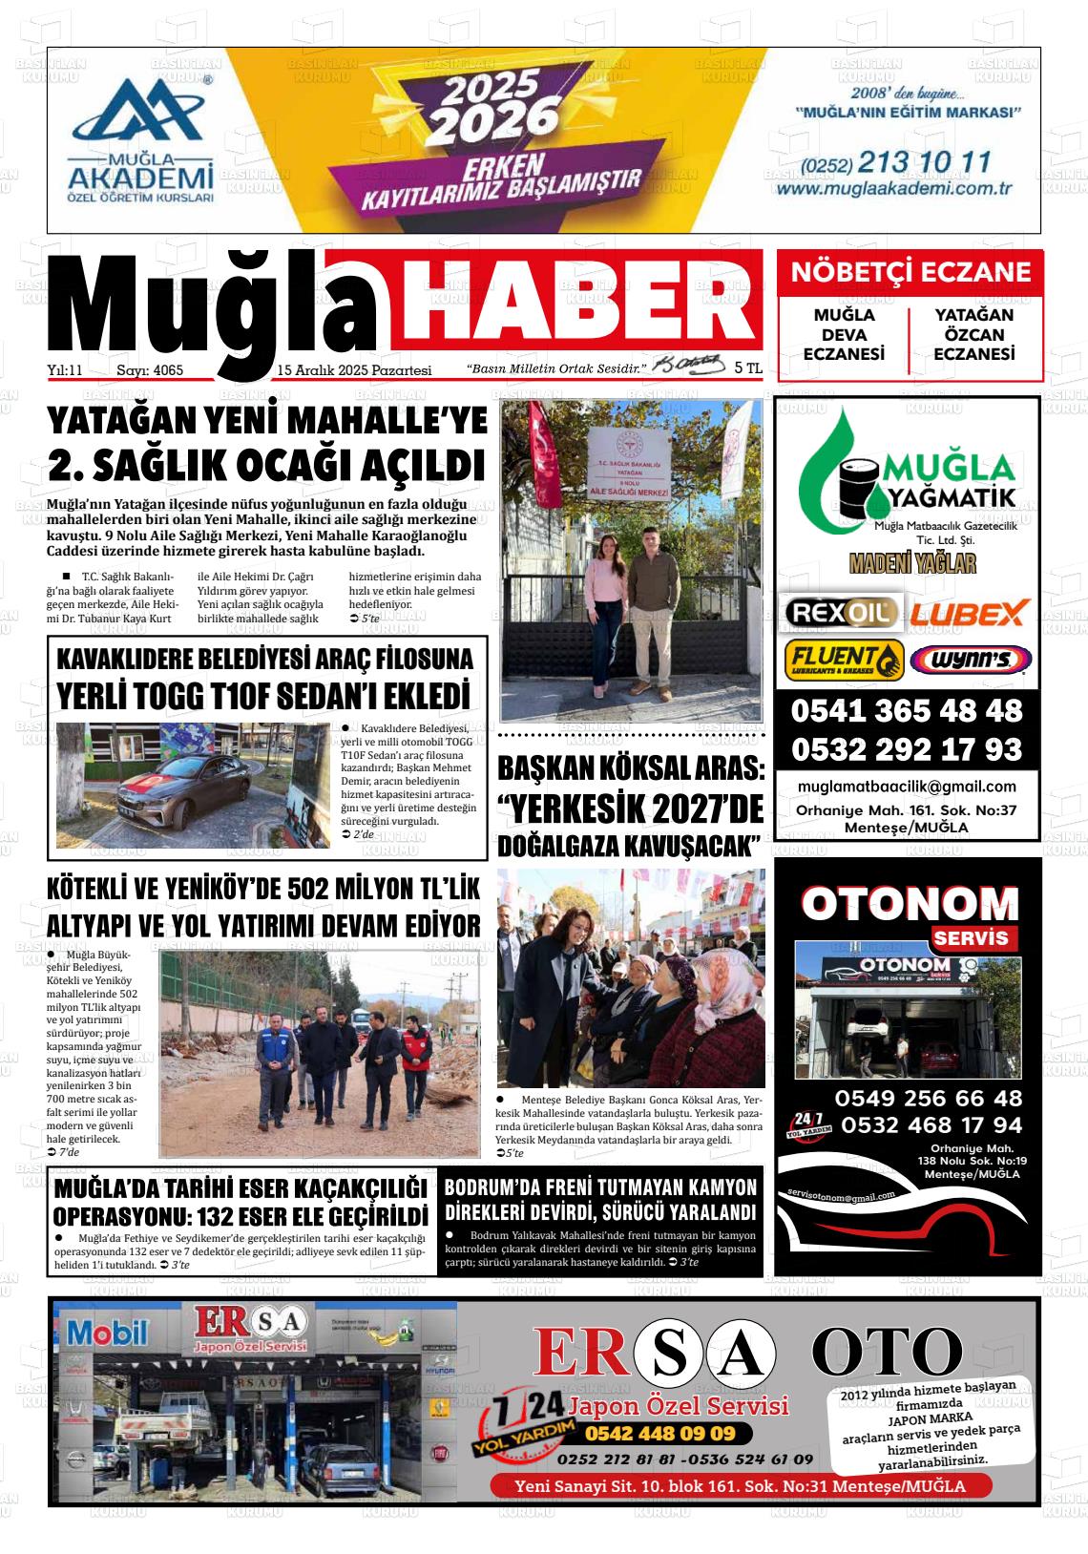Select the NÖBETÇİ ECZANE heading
[x=910, y=272]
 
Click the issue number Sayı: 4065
[x=149, y=370]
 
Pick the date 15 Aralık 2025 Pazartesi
[x=354, y=370]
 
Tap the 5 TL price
[x=748, y=367]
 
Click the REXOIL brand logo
[x=841, y=611]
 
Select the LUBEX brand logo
[x=968, y=612]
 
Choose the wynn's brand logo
[x=971, y=659]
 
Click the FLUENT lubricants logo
[x=844, y=659]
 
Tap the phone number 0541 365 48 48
[x=906, y=711]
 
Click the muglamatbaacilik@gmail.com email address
[x=907, y=787]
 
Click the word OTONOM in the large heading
[x=909, y=903]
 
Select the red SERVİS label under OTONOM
[x=971, y=937]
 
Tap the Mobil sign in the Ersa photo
[x=107, y=1332]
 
